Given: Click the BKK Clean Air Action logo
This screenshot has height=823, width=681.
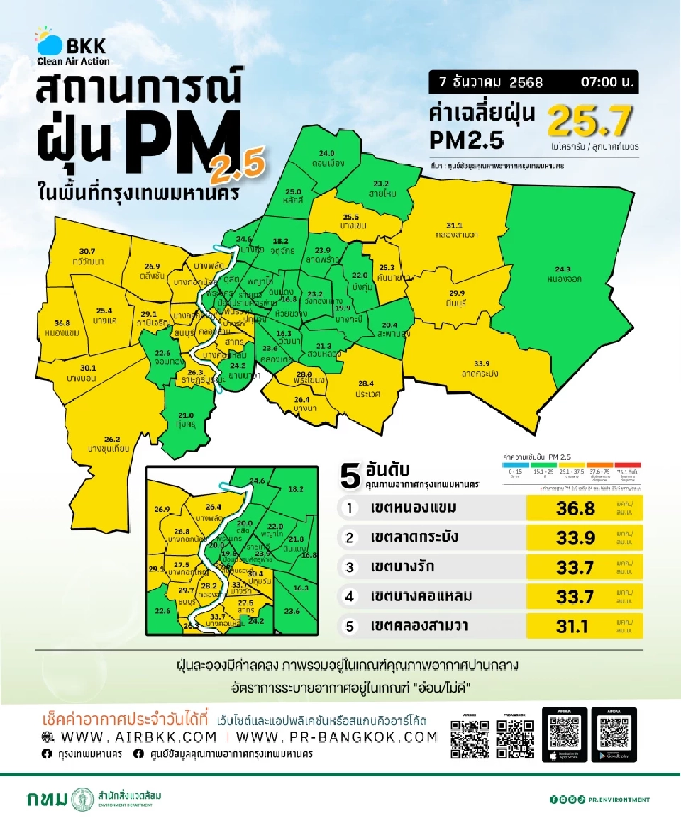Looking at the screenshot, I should pyautogui.click(x=72, y=47).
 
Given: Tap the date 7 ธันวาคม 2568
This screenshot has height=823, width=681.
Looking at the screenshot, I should pyautogui.click(x=491, y=82).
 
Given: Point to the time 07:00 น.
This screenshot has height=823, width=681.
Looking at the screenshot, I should pyautogui.click(x=607, y=82).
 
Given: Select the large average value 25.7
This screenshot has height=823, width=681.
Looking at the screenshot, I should pyautogui.click(x=590, y=123).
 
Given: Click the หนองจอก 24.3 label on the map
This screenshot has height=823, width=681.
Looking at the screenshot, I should pyautogui.click(x=565, y=274).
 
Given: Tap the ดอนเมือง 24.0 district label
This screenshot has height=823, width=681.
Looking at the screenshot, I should pyautogui.click(x=326, y=158).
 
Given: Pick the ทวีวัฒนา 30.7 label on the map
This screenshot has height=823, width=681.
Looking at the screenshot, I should pyautogui.click(x=87, y=257).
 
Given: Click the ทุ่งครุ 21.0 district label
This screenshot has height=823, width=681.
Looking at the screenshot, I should pyautogui.click(x=186, y=420).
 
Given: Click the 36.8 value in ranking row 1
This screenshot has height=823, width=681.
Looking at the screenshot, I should pyautogui.click(x=575, y=508).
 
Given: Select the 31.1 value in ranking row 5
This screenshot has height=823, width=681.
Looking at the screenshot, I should pyautogui.click(x=575, y=626).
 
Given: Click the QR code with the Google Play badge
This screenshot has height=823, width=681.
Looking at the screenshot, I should pyautogui.click(x=614, y=734).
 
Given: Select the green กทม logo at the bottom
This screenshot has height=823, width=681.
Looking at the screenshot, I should pyautogui.click(x=60, y=800).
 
